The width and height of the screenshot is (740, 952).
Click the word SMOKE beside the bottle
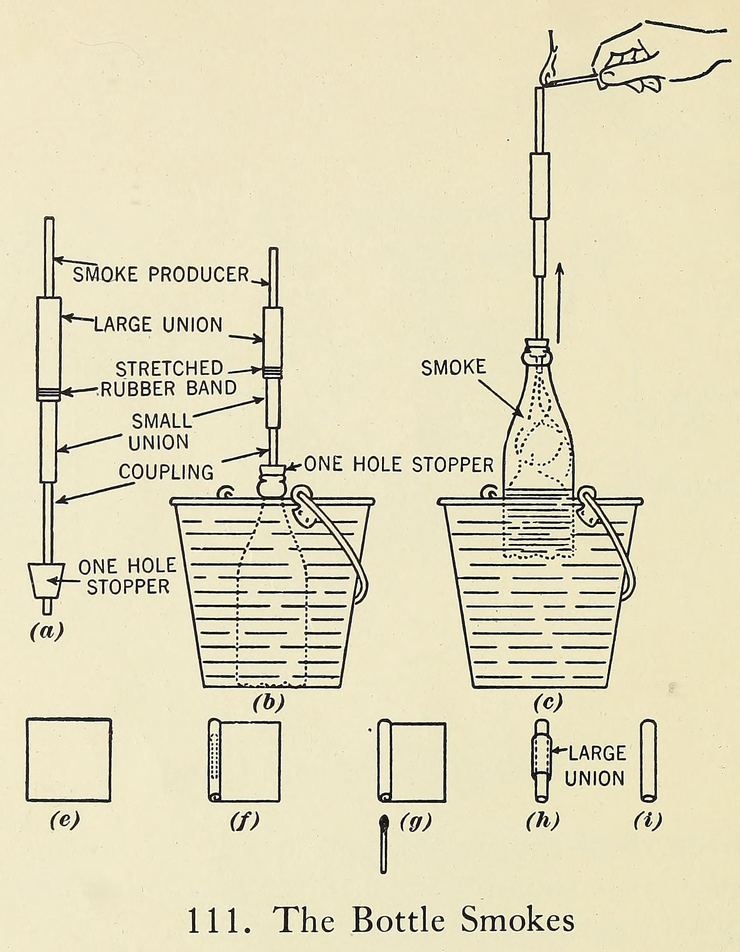pyautogui.click(x=453, y=367)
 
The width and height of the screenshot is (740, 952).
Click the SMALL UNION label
pyautogui.click(x=161, y=432)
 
